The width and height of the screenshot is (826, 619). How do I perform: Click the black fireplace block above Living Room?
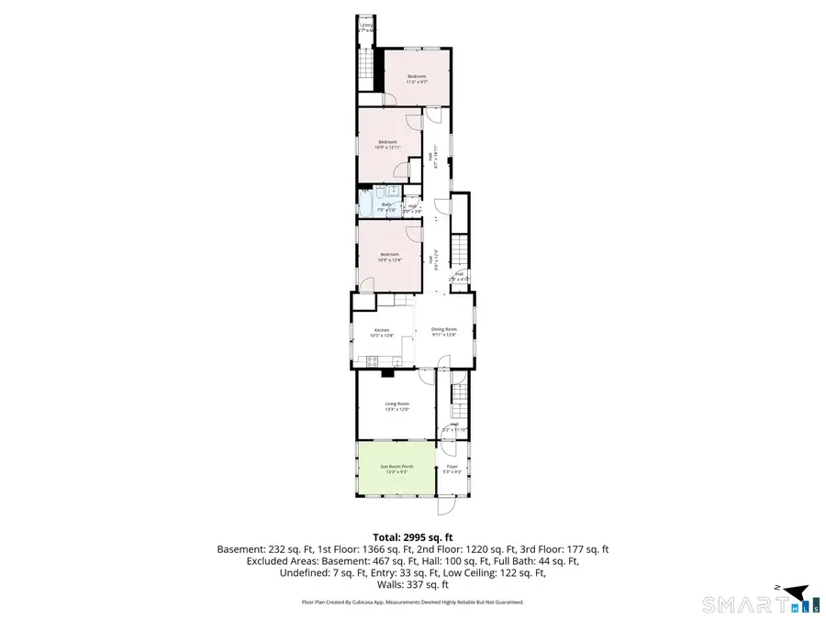coord(387,372)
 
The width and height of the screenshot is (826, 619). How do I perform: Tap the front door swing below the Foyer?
coord(446,506)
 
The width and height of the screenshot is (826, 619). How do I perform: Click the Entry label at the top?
coord(366,27)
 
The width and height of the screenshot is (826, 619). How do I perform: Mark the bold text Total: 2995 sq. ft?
coord(412,536)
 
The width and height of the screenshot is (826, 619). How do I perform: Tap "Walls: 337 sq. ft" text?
coord(412,584)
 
